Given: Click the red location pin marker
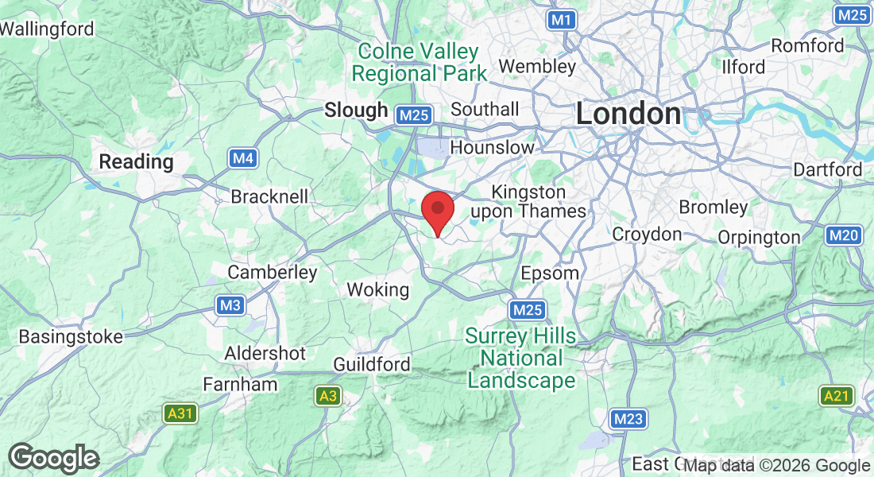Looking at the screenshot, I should click(x=437, y=211).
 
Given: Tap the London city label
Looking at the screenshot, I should click(x=628, y=114).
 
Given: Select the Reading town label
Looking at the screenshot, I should click(x=136, y=162).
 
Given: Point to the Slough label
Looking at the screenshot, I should click(x=356, y=111).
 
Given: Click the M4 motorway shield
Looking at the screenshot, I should click(x=244, y=159).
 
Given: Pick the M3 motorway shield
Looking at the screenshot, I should click(x=230, y=304).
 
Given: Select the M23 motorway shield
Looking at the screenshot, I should click(x=628, y=419).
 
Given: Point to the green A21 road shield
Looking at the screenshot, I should click(x=836, y=395).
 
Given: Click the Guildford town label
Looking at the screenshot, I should click(x=372, y=364).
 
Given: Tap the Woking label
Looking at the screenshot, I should click(x=378, y=290).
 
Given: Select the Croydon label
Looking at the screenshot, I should click(x=647, y=235).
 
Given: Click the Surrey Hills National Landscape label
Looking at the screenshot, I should click(x=520, y=359).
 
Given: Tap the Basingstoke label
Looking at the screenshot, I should click(x=72, y=336).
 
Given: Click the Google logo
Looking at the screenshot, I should click(x=54, y=458).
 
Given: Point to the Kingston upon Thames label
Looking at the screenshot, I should click(x=528, y=202).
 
